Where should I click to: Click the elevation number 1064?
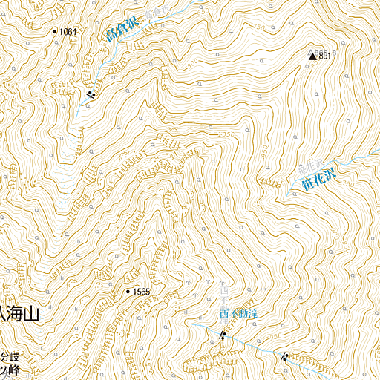click(x=68, y=32)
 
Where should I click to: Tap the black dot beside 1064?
click(x=54, y=31)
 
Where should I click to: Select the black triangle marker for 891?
click(x=312, y=55)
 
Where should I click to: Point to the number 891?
click(x=324, y=56)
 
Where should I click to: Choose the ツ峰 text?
click(x=8, y=369)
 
